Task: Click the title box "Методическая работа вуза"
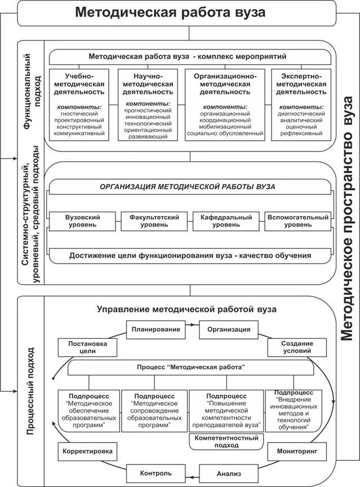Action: click(177, 12)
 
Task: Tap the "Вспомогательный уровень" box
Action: click(297, 221)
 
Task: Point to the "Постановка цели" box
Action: click(86, 347)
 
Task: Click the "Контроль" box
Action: click(156, 473)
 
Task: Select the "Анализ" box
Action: click(224, 473)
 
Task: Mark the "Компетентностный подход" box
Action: click(226, 441)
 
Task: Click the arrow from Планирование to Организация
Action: click(192, 325)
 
